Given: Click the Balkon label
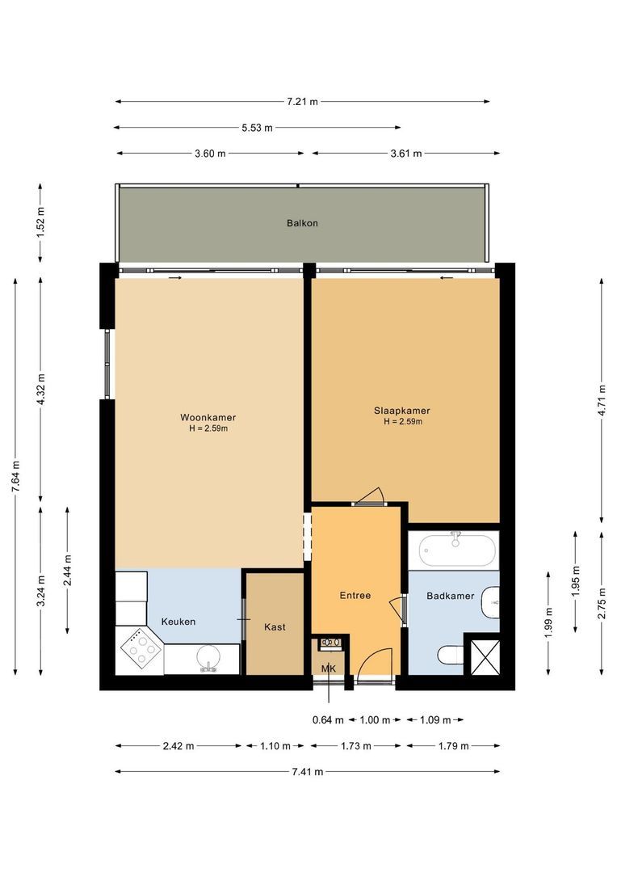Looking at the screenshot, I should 302,223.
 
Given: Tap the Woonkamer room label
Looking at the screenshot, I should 208,418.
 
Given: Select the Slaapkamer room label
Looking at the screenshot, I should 402,411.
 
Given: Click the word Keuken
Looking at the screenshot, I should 178,622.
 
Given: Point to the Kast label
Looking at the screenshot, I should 275,626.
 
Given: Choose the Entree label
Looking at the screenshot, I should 355,596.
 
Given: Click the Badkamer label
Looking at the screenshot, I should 450,596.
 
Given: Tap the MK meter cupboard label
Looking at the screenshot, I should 328,668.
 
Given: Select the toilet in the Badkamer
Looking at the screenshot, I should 448,656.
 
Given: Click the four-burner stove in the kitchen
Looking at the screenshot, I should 140,647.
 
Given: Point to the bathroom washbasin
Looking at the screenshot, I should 490,602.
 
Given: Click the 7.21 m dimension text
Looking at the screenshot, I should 302,102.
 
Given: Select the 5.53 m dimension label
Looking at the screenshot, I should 257,128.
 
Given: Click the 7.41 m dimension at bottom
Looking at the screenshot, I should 307,772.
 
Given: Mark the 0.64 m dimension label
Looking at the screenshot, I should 328,720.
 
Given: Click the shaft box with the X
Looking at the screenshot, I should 482,656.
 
